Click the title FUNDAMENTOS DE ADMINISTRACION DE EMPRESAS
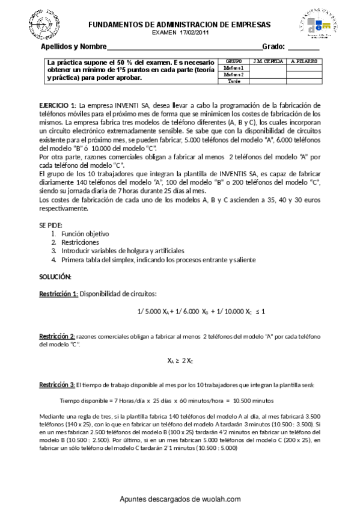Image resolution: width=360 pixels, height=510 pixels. [x=179, y=25]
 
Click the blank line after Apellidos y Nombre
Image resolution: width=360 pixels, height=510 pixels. [x=185, y=48]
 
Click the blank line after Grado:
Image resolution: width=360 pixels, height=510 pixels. [x=304, y=48]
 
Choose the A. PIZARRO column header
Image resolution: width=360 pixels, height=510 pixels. [x=304, y=61]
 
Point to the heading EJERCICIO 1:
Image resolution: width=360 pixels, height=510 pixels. [x=57, y=105]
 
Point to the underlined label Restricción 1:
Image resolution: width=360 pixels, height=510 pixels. [x=58, y=293]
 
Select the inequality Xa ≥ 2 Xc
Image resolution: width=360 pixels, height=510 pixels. [x=180, y=361]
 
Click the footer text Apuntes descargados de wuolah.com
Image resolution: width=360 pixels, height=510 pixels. [x=180, y=499]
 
